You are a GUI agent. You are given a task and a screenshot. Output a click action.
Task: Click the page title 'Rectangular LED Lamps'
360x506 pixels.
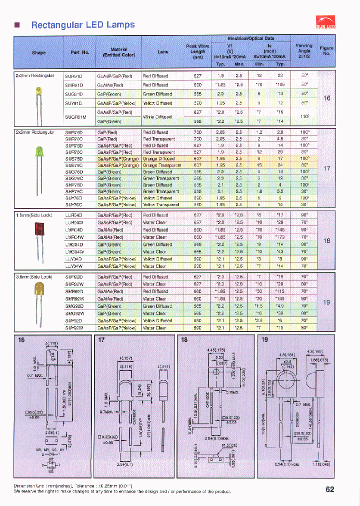click(x=82, y=25)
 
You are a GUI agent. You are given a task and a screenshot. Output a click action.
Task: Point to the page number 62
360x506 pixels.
click(x=329, y=489)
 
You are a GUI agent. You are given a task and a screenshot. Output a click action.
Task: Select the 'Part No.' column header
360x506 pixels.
click(x=76, y=52)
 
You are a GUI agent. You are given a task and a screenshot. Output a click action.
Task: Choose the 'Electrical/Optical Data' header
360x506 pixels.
click(x=251, y=38)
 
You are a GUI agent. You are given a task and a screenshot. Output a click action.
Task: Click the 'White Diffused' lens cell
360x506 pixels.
click(x=157, y=116)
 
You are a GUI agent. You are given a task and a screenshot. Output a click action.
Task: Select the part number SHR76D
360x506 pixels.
click(x=74, y=132)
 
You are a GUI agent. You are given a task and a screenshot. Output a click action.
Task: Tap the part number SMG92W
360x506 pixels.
click(x=74, y=313)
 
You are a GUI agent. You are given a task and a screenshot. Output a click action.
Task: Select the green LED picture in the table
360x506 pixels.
click(x=38, y=153)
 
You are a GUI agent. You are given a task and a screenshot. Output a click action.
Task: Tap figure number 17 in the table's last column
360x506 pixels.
click(x=326, y=168)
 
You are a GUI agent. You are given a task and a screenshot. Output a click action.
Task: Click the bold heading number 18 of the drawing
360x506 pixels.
click(x=184, y=340)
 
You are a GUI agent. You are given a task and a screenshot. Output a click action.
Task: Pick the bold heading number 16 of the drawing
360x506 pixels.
click(x=21, y=340)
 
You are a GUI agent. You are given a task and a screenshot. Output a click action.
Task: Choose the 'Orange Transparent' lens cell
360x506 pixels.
click(x=161, y=165)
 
